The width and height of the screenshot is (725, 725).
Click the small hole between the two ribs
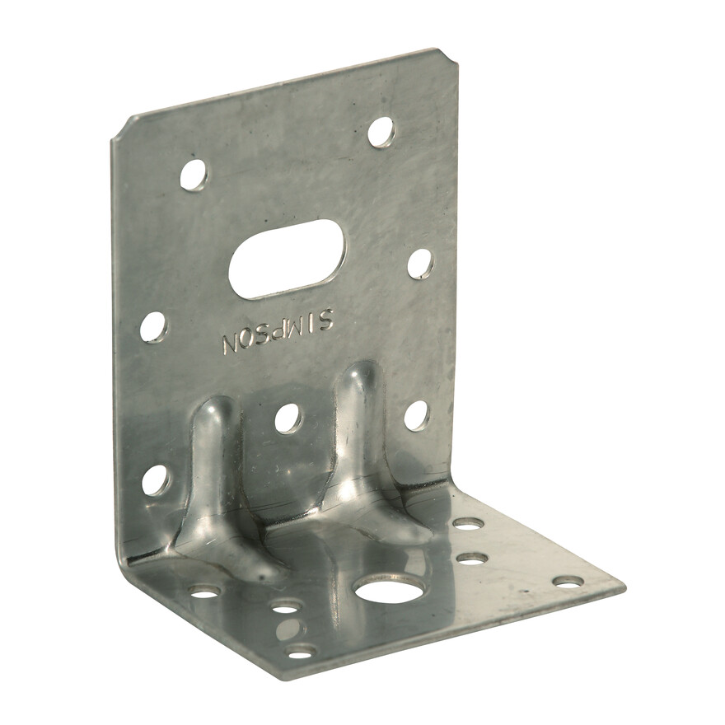[x=288, y=418]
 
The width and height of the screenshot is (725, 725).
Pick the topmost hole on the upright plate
[x=381, y=132]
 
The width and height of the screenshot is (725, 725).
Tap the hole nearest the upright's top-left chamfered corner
[x=194, y=175]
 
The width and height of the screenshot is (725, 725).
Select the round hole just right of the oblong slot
[x=421, y=264]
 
